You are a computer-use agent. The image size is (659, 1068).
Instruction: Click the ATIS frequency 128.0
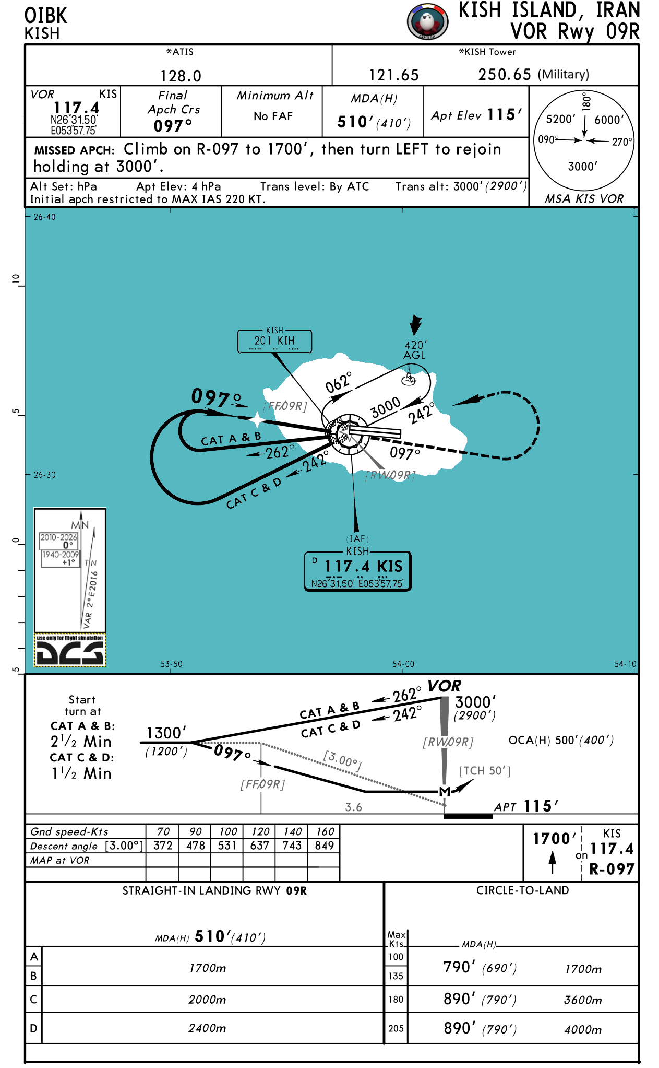[x=181, y=76]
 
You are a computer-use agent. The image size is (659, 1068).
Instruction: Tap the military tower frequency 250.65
[x=505, y=75]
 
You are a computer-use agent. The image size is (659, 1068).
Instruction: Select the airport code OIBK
[x=46, y=16]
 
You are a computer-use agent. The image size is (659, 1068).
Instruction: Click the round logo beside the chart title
[x=427, y=21]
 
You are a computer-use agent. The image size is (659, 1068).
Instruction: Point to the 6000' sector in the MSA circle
[x=609, y=120]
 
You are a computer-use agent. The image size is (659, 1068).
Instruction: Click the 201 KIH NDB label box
[x=274, y=341]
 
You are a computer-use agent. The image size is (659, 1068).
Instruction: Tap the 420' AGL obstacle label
[x=415, y=350]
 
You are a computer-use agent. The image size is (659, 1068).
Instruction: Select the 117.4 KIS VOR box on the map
[x=358, y=571]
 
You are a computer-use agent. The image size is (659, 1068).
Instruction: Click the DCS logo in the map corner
[x=70, y=650]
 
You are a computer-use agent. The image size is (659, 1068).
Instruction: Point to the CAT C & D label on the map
[x=254, y=493]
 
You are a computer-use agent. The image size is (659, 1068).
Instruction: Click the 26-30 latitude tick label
[x=44, y=475]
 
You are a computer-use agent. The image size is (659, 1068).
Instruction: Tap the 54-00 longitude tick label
[x=403, y=664]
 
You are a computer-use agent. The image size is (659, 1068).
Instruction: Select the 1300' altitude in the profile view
[x=166, y=733]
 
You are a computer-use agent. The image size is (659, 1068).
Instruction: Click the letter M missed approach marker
[x=445, y=792]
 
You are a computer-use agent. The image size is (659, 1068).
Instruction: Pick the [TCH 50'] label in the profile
[x=485, y=771]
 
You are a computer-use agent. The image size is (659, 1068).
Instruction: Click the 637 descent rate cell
[x=260, y=846]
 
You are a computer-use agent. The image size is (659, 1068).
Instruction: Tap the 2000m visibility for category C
[x=207, y=1000]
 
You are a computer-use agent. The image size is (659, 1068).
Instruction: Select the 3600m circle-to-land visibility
[x=583, y=1000]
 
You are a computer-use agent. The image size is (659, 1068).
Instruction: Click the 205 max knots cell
[x=396, y=1028]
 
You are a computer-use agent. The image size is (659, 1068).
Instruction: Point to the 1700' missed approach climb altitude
[x=554, y=839]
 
